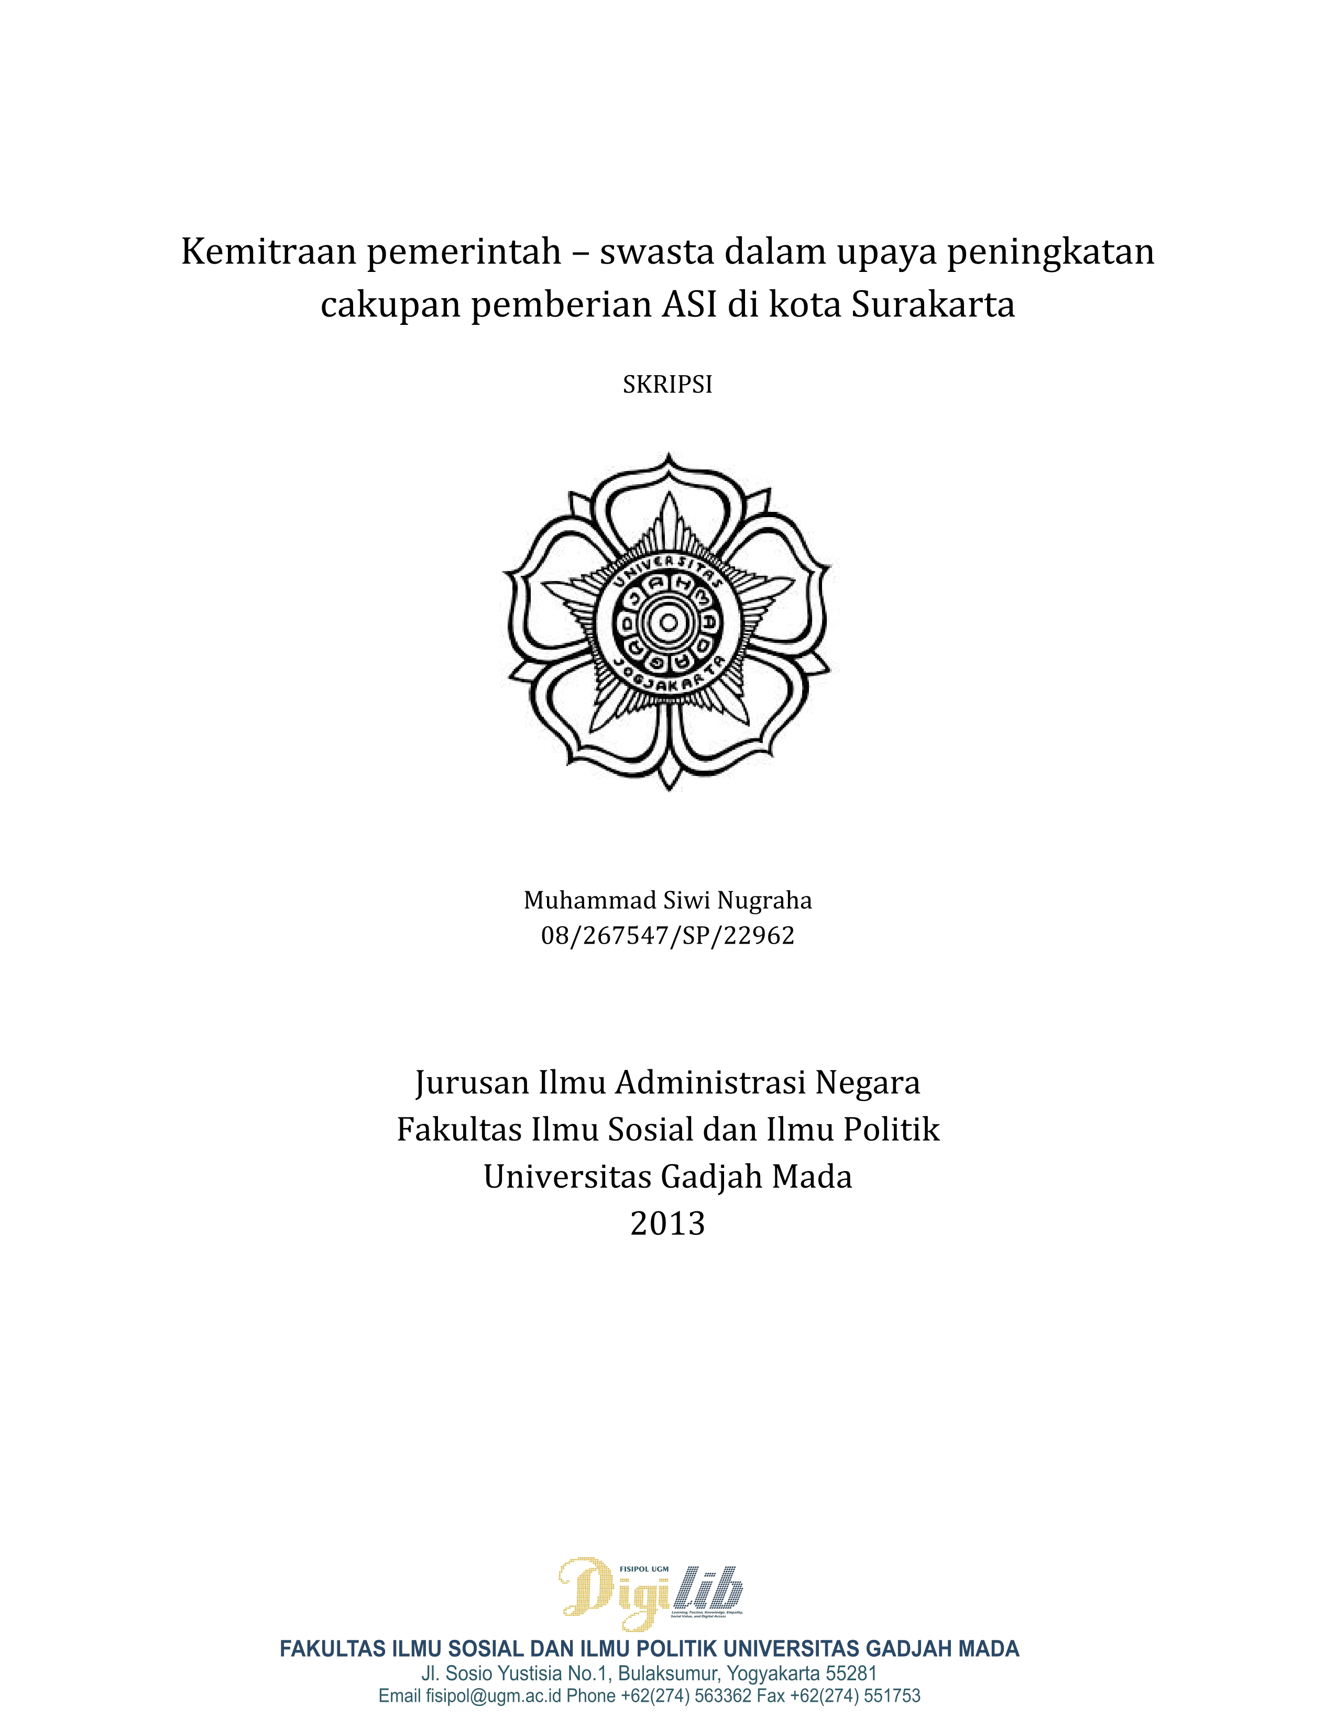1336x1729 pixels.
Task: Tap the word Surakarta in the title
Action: pyautogui.click(x=933, y=305)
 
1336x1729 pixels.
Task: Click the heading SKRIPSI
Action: pyautogui.click(x=667, y=385)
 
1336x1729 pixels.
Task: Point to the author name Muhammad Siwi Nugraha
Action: pyautogui.click(x=667, y=900)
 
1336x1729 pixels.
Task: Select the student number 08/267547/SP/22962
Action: pyautogui.click(x=667, y=936)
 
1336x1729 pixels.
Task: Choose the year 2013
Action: pyautogui.click(x=667, y=1224)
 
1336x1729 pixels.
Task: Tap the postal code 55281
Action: pyautogui.click(x=851, y=1673)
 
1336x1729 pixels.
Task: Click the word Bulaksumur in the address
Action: pyautogui.click(x=665, y=1673)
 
